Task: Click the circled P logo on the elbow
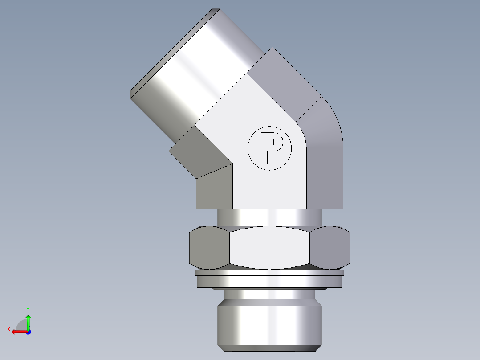pos(269,148)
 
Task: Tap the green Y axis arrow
pos(28,321)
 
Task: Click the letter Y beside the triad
pos(28,309)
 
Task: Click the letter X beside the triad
pos(8,330)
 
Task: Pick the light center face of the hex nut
pos(269,248)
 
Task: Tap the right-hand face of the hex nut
pos(329,248)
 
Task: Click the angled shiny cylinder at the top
pos(191,71)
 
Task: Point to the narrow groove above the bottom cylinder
pos(269,295)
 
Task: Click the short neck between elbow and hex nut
pos(269,217)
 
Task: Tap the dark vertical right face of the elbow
pos(325,178)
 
